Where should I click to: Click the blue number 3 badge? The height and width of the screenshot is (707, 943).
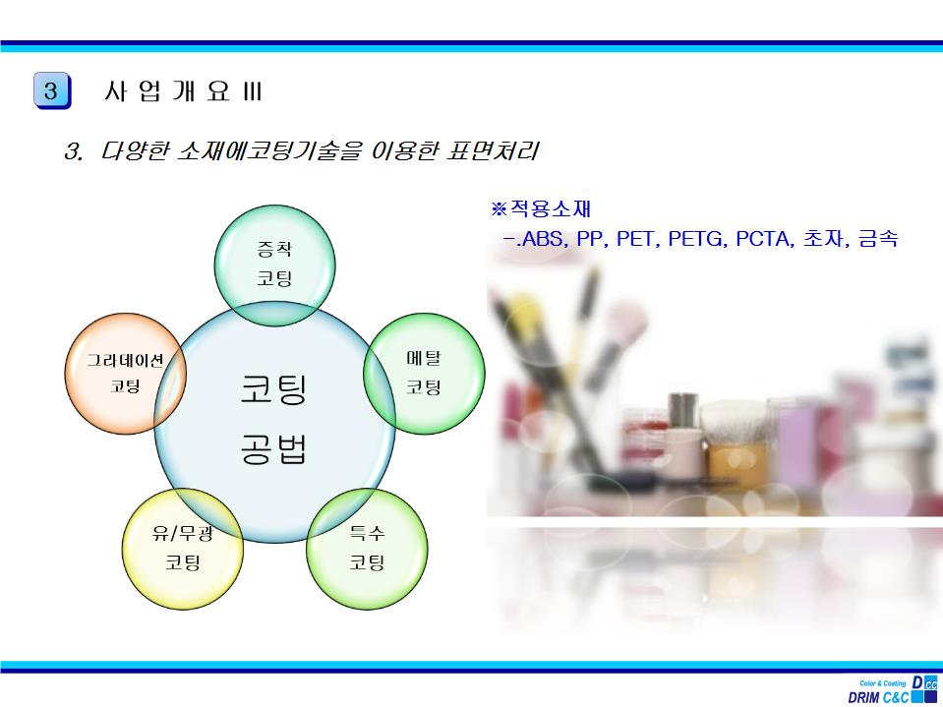coord(52,90)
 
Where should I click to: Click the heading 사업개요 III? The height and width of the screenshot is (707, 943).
coord(183,91)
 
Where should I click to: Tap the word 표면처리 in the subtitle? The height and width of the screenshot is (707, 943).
coord(493,150)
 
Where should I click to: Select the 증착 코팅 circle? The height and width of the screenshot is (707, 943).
coord(275,265)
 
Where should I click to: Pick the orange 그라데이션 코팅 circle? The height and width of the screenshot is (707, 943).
coord(125,374)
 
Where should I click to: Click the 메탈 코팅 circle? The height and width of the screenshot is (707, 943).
coord(424,374)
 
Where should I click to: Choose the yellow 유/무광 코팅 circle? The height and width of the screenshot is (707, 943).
coord(183,549)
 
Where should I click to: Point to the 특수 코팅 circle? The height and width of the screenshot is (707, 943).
coord(367,549)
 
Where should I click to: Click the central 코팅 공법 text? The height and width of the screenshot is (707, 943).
coord(274,419)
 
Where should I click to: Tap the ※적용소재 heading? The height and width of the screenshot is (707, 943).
coord(541,209)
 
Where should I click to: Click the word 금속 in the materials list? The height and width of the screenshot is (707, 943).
coord(878,239)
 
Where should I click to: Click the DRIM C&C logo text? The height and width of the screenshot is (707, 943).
coord(878,698)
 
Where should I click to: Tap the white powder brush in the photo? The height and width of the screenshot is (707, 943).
coord(735,422)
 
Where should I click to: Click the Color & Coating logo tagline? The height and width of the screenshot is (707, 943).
coord(883,683)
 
